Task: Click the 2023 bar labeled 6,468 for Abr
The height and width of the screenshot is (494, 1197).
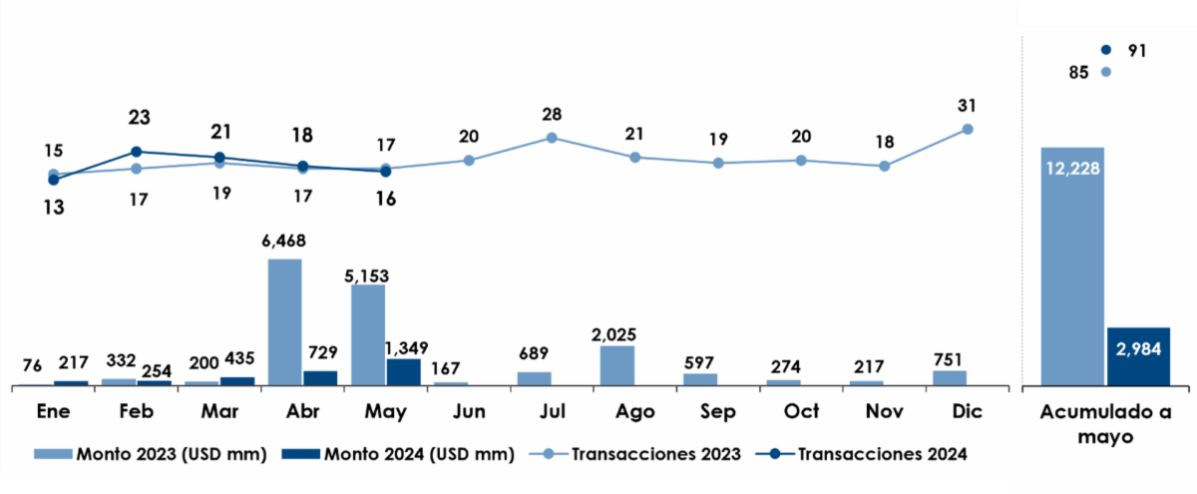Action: coord(285,321)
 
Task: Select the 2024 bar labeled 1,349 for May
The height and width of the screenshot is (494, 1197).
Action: coord(403,371)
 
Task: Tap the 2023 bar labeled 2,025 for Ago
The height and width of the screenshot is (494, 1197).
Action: coord(616,365)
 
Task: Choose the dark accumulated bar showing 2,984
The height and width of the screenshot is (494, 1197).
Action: coord(1137,355)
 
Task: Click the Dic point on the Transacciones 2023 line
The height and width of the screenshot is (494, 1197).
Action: coord(967,129)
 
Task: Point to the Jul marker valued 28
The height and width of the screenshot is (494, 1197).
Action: coord(551,138)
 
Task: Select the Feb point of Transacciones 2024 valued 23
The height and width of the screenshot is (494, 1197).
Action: coord(136,152)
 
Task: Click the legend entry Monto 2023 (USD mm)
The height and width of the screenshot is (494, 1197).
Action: coord(150,454)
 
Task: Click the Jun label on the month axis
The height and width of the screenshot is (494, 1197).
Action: coord(468,411)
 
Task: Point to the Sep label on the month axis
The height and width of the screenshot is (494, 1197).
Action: coord(717,411)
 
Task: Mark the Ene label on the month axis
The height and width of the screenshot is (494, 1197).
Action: coord(52,411)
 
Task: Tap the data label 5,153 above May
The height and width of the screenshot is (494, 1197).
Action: coord(369,274)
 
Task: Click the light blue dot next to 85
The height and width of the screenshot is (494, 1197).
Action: coord(1104,72)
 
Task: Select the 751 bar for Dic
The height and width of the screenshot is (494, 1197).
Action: coord(950,377)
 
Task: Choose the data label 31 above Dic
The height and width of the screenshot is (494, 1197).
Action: coord(967,105)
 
